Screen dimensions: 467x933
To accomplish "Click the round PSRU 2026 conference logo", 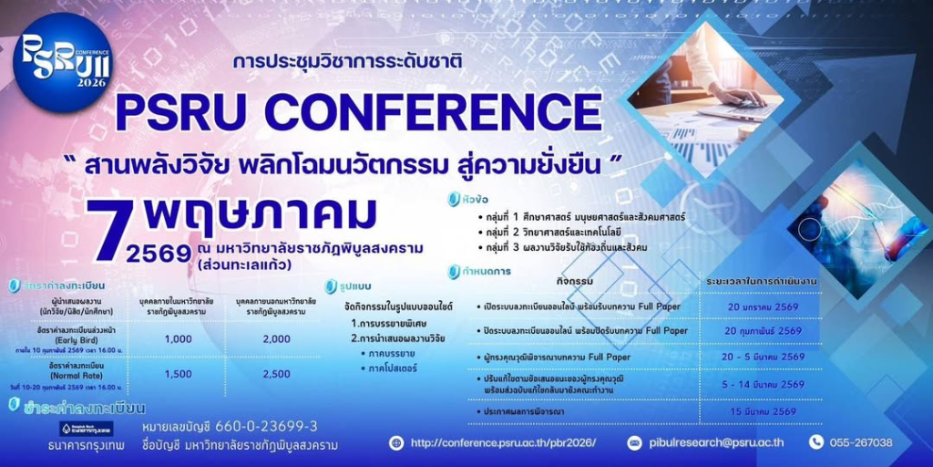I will tap(62, 62).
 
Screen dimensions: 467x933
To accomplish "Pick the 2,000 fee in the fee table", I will tap(276, 338).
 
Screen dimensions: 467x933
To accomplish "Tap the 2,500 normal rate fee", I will tap(276, 374).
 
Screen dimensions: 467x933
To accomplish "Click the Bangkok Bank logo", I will tap(87, 429).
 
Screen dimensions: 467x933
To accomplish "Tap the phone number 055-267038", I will tap(860, 443).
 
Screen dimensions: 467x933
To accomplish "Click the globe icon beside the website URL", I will tap(395, 443).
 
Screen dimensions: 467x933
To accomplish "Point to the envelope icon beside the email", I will tap(635, 443).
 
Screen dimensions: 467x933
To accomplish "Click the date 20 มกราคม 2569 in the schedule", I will tap(764, 307).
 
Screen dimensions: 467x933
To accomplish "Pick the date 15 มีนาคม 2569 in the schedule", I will tap(764, 411).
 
